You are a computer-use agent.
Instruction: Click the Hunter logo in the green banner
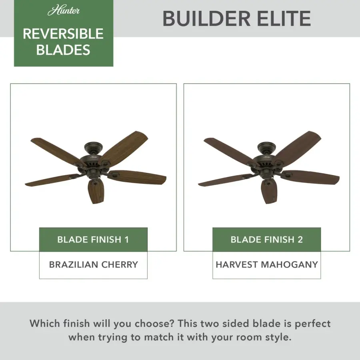64,10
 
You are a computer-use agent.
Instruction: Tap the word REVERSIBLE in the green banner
63,34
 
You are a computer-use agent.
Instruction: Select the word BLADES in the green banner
63,50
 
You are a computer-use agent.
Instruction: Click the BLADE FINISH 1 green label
93,240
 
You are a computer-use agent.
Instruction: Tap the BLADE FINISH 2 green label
266,240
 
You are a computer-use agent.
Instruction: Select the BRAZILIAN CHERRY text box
93,264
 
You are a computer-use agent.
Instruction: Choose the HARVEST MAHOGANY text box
266,264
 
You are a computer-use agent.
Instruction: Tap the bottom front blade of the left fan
95,191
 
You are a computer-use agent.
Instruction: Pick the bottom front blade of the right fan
268,191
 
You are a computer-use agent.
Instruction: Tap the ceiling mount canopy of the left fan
93,147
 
